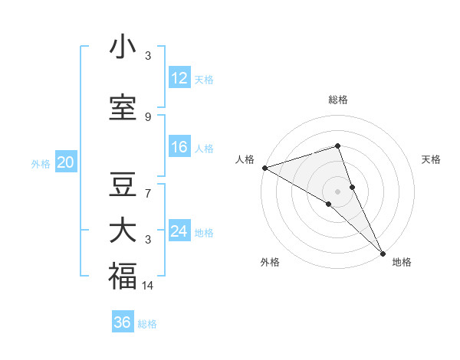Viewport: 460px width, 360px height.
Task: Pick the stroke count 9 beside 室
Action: coord(148,117)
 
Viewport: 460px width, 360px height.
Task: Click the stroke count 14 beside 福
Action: coord(149,286)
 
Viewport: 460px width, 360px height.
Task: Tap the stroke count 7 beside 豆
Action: coord(148,194)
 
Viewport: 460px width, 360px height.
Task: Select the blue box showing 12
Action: coord(179,78)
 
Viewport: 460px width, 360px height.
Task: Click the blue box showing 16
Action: coord(179,147)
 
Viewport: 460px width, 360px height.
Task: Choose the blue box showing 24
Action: coord(179,231)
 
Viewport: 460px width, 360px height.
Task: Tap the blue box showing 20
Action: coord(66,162)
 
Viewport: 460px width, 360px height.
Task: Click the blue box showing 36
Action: coord(123,322)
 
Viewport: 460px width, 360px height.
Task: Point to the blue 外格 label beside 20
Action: coord(41,163)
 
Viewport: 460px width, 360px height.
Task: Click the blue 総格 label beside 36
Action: coord(147,324)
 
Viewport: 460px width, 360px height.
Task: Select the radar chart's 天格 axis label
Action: coord(432,159)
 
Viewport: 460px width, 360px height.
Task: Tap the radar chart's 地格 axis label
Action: coord(402,262)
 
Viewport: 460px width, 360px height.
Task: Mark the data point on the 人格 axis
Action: coord(264,167)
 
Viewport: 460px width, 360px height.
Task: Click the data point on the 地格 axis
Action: coord(383,252)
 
